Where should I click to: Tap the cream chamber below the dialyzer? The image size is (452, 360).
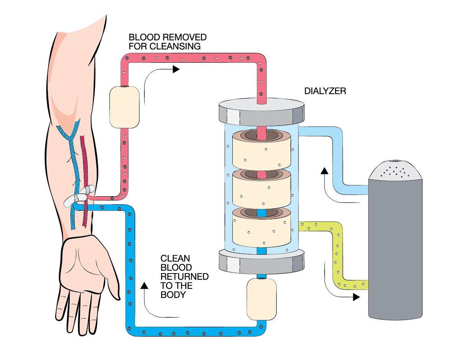click(x=259, y=299)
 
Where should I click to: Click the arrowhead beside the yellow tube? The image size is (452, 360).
click(x=356, y=296)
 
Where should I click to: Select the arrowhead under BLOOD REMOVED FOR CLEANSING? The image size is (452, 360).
click(x=176, y=69)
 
